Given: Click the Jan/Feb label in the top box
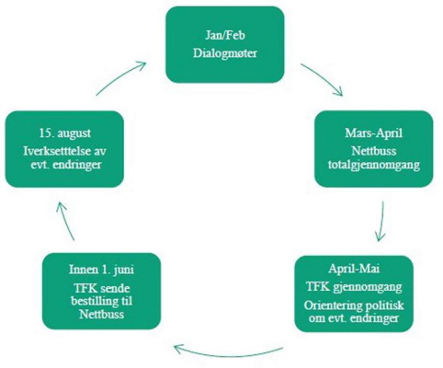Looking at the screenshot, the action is (x=225, y=35).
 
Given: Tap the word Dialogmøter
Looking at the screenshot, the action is (x=225, y=53).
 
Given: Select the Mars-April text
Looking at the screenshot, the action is (x=374, y=133).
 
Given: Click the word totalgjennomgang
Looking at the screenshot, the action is (x=374, y=165).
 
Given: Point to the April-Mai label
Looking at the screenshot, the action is (x=354, y=269).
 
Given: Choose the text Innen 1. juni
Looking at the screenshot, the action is (x=101, y=270).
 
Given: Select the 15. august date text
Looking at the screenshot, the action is (x=64, y=133).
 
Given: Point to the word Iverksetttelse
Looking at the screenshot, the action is (x=57, y=151).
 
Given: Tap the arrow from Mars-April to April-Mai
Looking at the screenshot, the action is (x=381, y=222).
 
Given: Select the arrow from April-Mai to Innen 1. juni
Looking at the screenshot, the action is (x=228, y=356).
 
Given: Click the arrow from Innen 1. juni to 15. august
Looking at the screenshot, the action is (x=65, y=220).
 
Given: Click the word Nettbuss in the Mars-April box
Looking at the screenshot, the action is (x=374, y=151).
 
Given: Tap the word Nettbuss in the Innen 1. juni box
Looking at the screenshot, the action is (x=101, y=315).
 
